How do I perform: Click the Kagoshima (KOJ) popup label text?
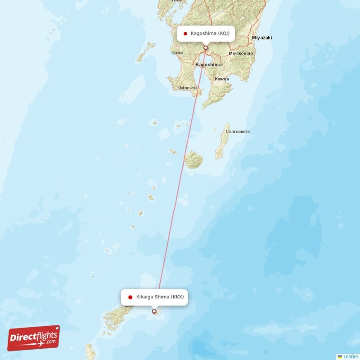[210, 33]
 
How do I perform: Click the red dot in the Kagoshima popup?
[185, 33]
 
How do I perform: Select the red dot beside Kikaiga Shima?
[130, 297]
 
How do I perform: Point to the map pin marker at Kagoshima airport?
[206, 48]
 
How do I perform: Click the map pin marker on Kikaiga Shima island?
[154, 311]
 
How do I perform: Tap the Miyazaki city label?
[262, 38]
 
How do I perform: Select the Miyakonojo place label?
[241, 53]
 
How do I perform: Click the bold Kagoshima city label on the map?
[208, 65]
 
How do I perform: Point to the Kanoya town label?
[222, 79]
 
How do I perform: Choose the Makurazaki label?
[188, 88]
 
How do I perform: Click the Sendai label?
[177, 53]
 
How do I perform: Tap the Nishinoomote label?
[237, 131]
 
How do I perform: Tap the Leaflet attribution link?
[351, 356]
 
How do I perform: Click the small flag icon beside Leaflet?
[340, 356]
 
